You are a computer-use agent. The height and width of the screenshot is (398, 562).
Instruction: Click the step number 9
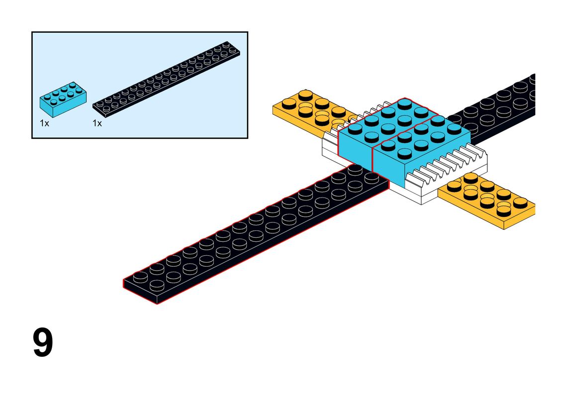[x=43, y=342]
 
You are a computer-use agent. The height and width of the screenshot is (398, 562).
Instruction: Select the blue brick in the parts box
[x=63, y=99]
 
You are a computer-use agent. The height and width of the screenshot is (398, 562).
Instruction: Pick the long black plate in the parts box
[x=166, y=80]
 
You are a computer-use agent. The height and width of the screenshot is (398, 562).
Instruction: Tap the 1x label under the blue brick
[x=44, y=123]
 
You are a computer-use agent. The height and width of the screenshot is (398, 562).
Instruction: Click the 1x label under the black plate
[x=97, y=123]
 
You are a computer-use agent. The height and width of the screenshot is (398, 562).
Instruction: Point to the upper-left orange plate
[x=312, y=111]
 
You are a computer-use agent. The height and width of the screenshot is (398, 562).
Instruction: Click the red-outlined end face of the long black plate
[x=140, y=292]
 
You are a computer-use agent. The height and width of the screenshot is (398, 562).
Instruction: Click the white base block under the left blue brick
[x=330, y=151]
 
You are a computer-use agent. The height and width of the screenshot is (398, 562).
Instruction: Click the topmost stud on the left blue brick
[x=405, y=104]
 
